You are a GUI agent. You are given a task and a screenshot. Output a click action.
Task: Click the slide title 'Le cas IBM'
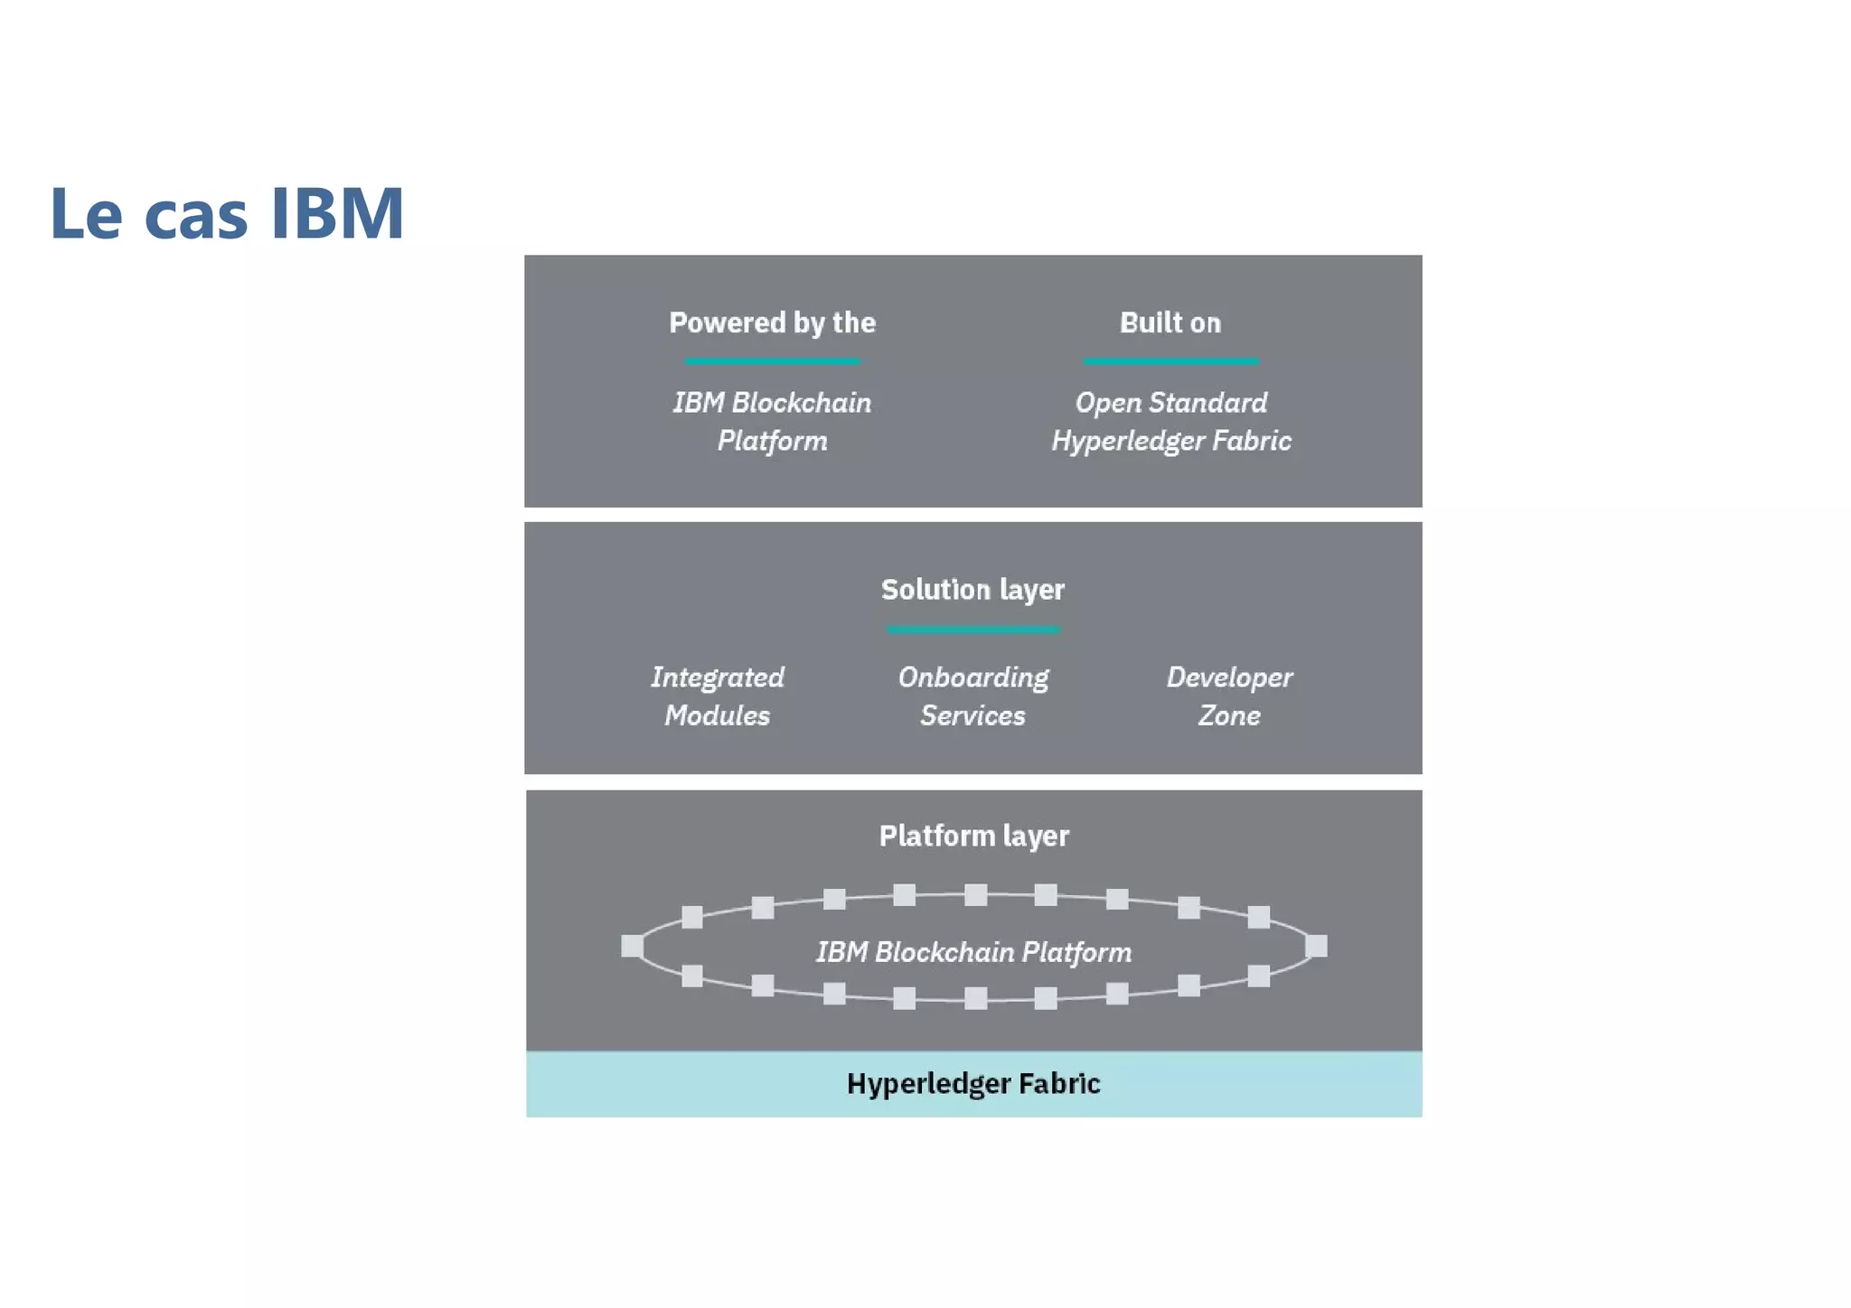pos(226,213)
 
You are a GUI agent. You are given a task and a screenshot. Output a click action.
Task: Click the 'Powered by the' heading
pos(772,322)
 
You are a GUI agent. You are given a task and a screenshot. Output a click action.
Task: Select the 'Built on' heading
pos(1170,322)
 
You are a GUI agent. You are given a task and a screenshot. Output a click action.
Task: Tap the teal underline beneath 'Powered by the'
pos(772,361)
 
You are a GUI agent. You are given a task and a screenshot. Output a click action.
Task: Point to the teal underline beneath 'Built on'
pos(1171,361)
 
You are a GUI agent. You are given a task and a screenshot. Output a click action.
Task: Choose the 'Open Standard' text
pos(1170,402)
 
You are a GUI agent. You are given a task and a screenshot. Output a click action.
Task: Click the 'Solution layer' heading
pos(972,590)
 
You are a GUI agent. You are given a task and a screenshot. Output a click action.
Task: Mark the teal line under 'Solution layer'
pos(972,630)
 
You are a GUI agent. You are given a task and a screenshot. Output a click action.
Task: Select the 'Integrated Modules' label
pos(718,696)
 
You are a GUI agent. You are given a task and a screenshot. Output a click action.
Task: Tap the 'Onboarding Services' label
pos(972,696)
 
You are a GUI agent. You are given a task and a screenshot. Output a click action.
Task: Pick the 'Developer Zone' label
pos(1229,696)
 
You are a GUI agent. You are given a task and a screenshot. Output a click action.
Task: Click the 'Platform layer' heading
pos(973,836)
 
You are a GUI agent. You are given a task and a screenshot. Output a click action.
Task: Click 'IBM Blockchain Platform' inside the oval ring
pos(973,952)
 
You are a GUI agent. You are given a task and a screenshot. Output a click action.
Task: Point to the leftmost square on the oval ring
pos(632,946)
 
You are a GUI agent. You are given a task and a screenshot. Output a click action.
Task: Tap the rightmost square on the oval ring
pos(1317,946)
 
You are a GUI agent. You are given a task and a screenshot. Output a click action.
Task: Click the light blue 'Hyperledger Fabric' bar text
pos(973,1083)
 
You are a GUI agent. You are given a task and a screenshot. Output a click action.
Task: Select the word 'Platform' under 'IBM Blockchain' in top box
pos(772,441)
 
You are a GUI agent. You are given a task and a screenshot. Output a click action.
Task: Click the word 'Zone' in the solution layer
pos(1229,715)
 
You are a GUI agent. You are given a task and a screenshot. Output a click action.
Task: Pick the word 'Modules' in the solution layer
pos(718,715)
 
